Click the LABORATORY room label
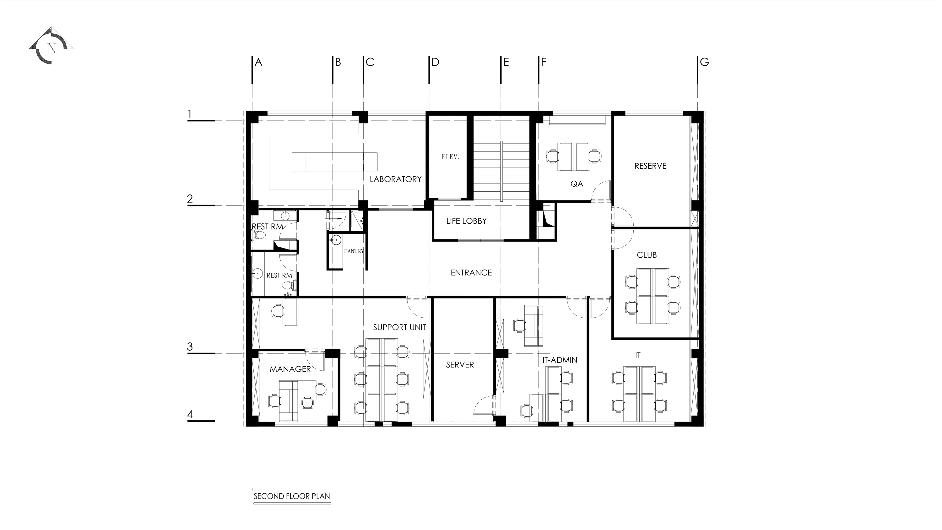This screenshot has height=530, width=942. (395, 179)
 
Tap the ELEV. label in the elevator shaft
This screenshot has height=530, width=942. (450, 157)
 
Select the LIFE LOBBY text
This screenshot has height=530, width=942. (466, 221)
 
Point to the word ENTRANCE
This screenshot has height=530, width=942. (471, 272)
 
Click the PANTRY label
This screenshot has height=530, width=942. (354, 251)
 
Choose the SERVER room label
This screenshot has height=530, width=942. (460, 365)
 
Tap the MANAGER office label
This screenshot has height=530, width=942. (290, 369)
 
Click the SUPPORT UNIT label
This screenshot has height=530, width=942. (399, 327)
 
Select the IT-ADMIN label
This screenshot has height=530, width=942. (560, 360)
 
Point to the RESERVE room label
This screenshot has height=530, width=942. (650, 166)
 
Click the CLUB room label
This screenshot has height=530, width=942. (647, 255)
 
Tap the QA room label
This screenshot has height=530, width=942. (577, 183)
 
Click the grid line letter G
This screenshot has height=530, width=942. (704, 62)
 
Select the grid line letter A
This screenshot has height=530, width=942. (258, 62)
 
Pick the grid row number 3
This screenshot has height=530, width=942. (190, 347)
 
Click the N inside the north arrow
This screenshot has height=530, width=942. (51, 48)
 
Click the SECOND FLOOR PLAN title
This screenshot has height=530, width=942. (292, 496)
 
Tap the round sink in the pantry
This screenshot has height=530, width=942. (335, 240)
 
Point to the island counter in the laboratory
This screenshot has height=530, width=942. (335, 162)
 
